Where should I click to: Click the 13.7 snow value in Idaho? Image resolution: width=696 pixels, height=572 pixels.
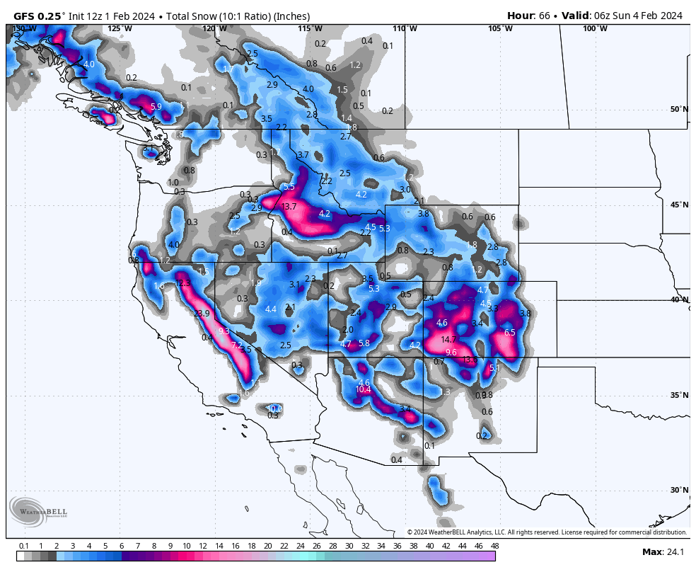289,207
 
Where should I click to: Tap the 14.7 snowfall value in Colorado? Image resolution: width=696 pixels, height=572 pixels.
448,340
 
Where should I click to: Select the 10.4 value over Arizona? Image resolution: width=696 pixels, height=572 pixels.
363,389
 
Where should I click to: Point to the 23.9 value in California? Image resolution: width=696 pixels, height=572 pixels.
202,314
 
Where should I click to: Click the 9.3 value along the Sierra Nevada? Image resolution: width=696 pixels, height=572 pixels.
224,331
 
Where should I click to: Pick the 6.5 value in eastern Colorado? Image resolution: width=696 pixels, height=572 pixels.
509,333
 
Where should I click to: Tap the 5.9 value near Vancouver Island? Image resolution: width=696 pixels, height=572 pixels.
156,107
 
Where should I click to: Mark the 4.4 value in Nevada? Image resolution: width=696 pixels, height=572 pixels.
270,309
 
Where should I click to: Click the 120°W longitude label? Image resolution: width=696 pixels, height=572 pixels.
214,28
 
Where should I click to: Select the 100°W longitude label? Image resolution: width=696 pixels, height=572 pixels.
595,28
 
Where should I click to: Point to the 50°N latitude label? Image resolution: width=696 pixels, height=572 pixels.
679,109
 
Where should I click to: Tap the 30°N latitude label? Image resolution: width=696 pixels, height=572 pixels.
679,490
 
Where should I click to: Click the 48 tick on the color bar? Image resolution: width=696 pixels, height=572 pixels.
494,546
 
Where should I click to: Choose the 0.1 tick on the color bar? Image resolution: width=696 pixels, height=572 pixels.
23,546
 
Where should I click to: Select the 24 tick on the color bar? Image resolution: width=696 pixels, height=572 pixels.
300,546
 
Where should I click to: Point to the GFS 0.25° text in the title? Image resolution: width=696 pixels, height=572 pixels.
40,16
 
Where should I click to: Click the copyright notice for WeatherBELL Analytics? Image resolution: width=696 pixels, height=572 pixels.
547,532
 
